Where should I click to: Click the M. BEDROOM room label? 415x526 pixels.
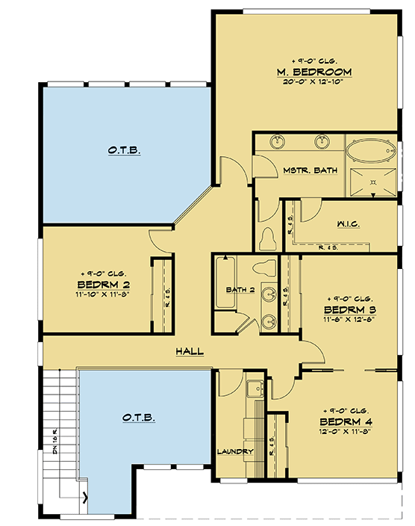coord(313,72)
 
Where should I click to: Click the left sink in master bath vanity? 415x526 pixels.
coord(278,142)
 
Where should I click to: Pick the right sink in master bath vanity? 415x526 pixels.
coord(323,142)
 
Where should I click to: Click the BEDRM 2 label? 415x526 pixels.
coord(104,285)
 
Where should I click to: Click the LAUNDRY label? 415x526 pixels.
coord(236,451)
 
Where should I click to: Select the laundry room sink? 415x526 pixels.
coord(254,389)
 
